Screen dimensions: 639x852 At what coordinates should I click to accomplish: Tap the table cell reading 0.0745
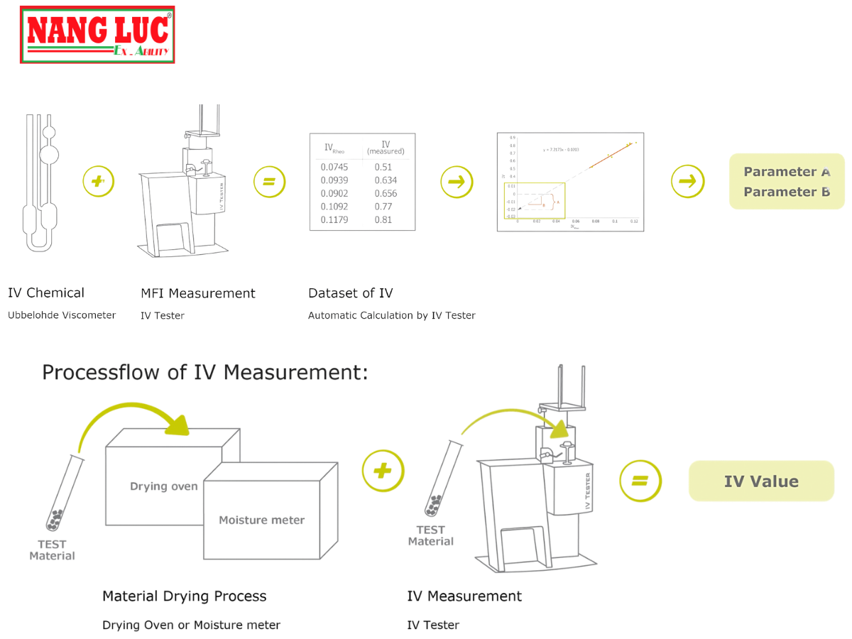pyautogui.click(x=332, y=167)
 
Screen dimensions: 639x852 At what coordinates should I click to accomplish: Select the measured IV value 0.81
pyautogui.click(x=383, y=220)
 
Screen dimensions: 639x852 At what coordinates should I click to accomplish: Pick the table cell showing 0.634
pyautogui.click(x=386, y=180)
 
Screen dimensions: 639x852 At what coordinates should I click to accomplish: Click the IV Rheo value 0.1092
pyautogui.click(x=334, y=207)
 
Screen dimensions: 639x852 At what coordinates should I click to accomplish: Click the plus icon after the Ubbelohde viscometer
pyautogui.click(x=98, y=182)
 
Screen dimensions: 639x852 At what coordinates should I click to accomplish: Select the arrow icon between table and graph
pyautogui.click(x=457, y=182)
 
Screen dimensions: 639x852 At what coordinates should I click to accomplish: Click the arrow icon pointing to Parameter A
pyautogui.click(x=687, y=182)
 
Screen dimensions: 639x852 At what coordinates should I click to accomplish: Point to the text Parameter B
pyautogui.click(x=787, y=192)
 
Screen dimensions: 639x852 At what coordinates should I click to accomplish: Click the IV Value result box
pyautogui.click(x=761, y=481)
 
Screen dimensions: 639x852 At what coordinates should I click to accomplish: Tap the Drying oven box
pyautogui.click(x=163, y=469)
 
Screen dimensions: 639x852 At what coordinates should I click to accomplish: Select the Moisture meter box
pyautogui.click(x=261, y=520)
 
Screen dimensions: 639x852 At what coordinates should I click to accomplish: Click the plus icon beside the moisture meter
pyautogui.click(x=383, y=471)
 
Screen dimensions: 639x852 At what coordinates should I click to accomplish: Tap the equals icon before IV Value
pyautogui.click(x=640, y=481)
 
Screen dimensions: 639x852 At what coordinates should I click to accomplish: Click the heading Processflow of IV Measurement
pyautogui.click(x=205, y=372)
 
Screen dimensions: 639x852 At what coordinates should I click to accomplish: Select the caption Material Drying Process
pyautogui.click(x=185, y=596)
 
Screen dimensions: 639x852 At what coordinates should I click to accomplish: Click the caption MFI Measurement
pyautogui.click(x=198, y=293)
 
